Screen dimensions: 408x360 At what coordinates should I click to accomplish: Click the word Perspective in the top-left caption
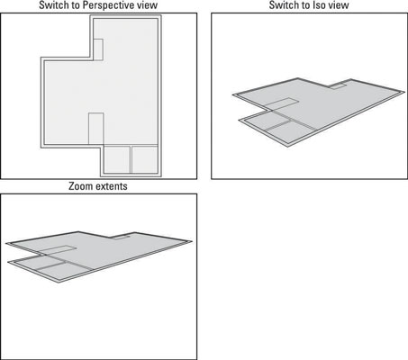tap(103, 5)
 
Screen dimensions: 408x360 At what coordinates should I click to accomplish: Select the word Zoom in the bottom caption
tap(79, 186)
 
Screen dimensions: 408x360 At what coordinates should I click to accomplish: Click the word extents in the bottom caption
tap(110, 186)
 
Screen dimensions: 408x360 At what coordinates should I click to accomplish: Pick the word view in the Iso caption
tap(338, 5)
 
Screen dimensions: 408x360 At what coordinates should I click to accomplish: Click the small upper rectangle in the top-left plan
tap(98, 49)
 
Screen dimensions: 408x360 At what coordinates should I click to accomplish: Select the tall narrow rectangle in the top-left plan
tap(96, 129)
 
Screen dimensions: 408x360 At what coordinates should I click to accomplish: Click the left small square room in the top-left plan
tap(117, 159)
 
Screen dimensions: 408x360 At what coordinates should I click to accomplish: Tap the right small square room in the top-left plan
tap(145, 159)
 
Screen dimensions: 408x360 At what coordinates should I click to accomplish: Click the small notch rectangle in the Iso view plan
tap(338, 86)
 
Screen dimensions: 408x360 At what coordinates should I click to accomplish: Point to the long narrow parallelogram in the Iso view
tap(282, 103)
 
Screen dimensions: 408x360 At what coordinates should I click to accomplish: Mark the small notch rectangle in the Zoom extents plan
tap(121, 238)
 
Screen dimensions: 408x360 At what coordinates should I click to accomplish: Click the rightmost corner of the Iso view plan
tap(404, 92)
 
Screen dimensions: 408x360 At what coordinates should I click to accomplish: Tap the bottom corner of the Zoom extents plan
tap(59, 283)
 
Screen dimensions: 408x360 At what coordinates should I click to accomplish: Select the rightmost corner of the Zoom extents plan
tap(192, 241)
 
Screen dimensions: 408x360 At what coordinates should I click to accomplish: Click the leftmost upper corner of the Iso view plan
tap(233, 94)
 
